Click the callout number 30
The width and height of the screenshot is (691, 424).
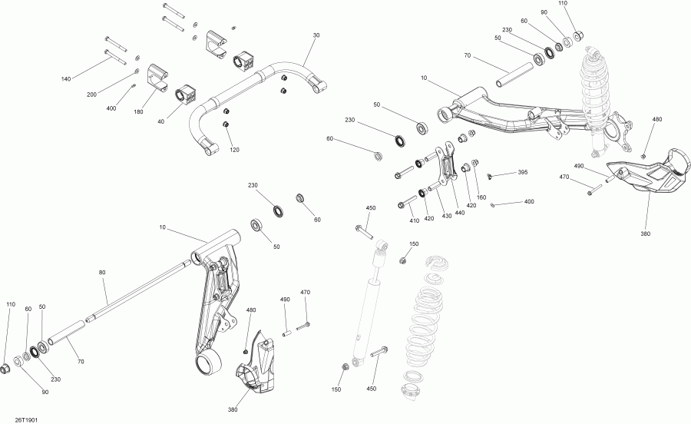click(x=315, y=36)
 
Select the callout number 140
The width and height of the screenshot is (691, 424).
click(x=65, y=79)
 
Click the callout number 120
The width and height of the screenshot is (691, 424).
click(x=234, y=150)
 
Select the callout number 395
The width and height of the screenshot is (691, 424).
click(x=522, y=173)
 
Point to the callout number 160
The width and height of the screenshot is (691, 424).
click(x=481, y=198)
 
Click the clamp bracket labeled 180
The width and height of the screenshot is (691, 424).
click(x=157, y=78)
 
